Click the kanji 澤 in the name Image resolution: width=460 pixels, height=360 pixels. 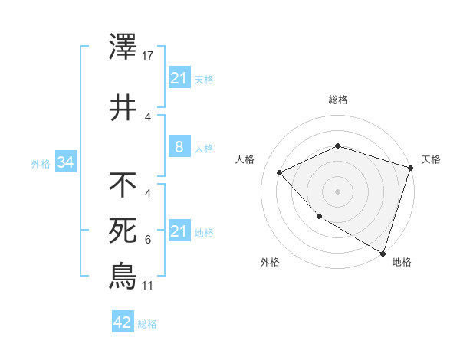(123, 47)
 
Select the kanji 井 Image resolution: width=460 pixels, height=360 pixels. (123, 106)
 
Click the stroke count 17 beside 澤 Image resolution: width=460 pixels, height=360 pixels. (149, 56)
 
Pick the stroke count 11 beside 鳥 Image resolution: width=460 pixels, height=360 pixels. (149, 285)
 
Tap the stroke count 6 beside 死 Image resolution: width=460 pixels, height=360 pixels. (148, 240)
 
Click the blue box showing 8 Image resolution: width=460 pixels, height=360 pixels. (179, 146)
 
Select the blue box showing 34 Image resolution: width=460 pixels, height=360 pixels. (65, 162)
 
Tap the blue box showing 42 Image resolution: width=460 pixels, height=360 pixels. (122, 322)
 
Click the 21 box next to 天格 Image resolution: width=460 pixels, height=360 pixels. (179, 77)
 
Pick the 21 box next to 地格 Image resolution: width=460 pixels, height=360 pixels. (179, 231)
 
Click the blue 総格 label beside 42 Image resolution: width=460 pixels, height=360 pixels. (147, 324)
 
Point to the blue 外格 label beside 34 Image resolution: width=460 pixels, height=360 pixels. (41, 163)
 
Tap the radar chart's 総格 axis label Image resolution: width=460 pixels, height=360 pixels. (338, 100)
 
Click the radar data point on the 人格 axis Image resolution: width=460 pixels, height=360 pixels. (281, 173)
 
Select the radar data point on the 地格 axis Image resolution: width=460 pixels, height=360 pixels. (382, 252)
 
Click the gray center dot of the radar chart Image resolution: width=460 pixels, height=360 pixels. (338, 191)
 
